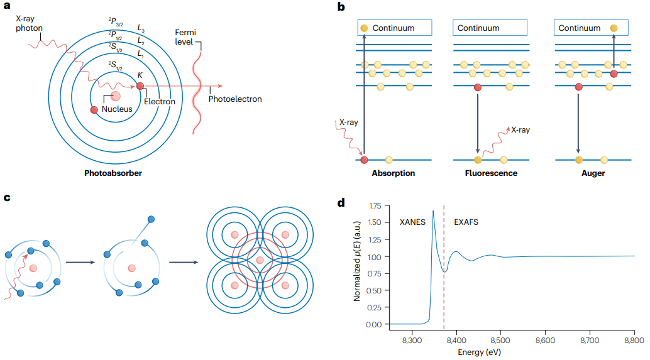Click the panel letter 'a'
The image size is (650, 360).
tap(8, 8)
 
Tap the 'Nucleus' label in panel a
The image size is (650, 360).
tap(117, 109)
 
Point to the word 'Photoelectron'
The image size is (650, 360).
tap(235, 99)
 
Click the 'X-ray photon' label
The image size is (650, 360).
tap(29, 25)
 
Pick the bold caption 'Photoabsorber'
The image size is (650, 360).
tap(113, 173)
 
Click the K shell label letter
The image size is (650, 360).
tap(140, 75)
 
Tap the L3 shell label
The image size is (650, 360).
tap(141, 28)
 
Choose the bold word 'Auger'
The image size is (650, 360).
tap(591, 173)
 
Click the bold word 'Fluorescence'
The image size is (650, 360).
tap(491, 173)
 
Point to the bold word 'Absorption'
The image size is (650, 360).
tap(394, 173)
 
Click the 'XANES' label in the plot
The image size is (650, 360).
tap(413, 222)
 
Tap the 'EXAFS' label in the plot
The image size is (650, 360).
tap(467, 222)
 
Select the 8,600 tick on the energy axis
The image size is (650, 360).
tap(545, 340)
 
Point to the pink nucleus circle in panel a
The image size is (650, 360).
tap(116, 96)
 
